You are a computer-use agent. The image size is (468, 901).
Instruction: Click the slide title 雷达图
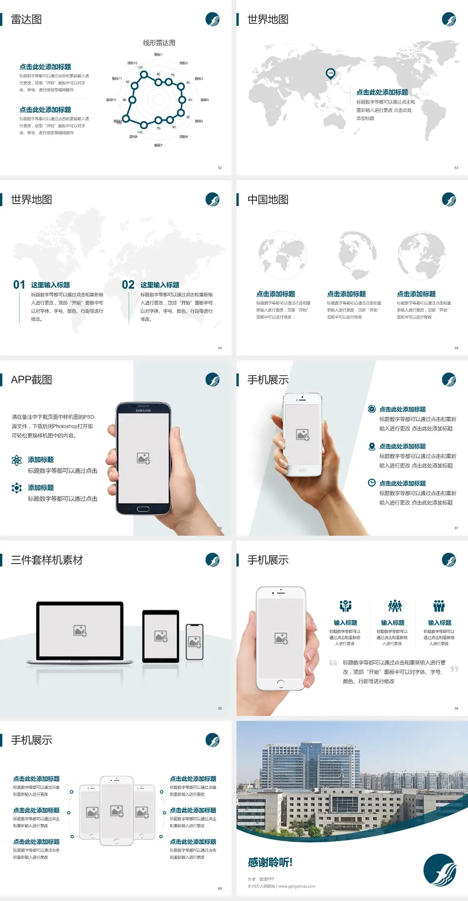(x=26, y=19)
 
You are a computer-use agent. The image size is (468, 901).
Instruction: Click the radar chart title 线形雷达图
(x=159, y=43)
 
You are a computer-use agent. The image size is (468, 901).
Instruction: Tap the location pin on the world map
(x=331, y=74)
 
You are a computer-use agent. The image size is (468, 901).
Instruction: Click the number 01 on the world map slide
(x=19, y=285)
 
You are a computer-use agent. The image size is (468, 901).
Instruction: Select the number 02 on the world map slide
(x=128, y=285)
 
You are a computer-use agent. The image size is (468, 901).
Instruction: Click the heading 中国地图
(x=268, y=200)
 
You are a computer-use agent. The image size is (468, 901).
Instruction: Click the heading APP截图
(x=31, y=380)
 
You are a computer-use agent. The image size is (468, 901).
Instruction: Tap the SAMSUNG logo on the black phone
(x=143, y=411)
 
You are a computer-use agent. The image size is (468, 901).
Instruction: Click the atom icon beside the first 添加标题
(x=17, y=460)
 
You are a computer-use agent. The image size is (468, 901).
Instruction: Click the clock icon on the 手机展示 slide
(x=371, y=483)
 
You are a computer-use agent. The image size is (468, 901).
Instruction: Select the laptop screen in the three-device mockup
(x=80, y=630)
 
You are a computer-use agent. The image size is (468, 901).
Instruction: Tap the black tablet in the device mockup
(x=161, y=636)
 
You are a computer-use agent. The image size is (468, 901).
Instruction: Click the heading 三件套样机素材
(x=47, y=560)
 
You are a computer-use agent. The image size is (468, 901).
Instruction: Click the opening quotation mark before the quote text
(x=333, y=663)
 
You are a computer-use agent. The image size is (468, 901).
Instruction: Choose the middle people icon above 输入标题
(x=394, y=606)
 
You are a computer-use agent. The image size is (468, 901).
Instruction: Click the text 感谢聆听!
(x=270, y=863)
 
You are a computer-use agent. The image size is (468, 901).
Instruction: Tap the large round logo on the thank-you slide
(x=440, y=870)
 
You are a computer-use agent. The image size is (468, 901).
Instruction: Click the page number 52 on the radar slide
(x=220, y=168)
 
